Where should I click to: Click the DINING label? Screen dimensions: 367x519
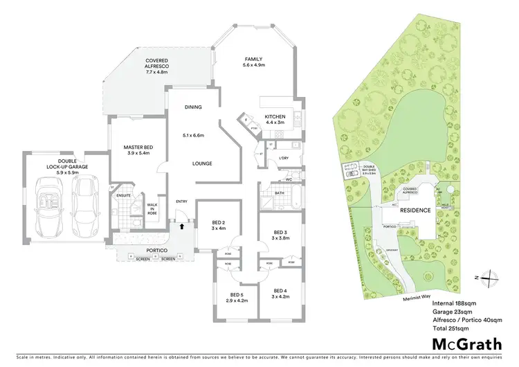click(x=193, y=107)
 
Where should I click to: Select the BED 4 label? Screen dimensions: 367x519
click(x=280, y=293)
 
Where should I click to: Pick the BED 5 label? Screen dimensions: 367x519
click(x=237, y=297)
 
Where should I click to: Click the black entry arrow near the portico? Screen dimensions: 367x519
click(x=182, y=225)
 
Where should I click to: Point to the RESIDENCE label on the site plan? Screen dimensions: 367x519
click(x=415, y=210)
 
